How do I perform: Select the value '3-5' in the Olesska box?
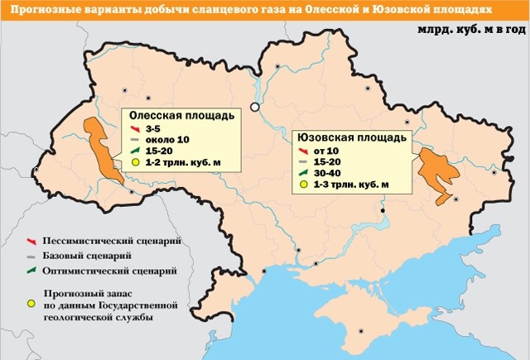click(x=152, y=131)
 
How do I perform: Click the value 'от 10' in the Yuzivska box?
click(x=326, y=150)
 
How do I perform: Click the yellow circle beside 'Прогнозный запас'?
click(x=31, y=303)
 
